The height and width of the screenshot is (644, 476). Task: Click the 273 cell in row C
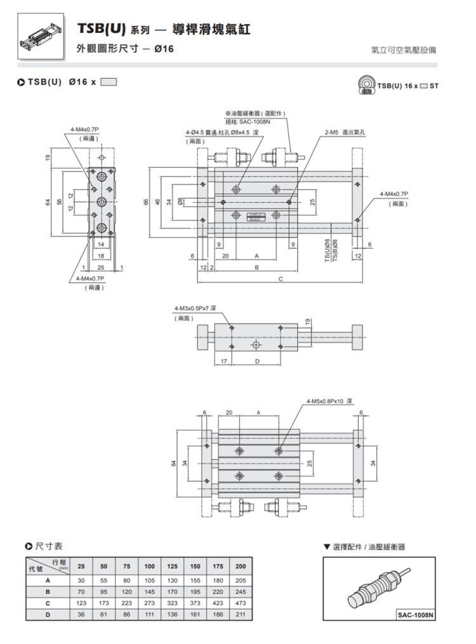pos(150,603)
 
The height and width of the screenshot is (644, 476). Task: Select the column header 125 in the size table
pos(172,566)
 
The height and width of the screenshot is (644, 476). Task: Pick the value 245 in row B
pos(240,591)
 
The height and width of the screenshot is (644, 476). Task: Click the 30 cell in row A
pos(81,580)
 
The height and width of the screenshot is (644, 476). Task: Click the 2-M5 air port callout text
pos(348,132)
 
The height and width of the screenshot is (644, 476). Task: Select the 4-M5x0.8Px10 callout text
pos(329,401)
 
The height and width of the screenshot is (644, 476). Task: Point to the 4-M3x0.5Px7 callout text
pos(195,308)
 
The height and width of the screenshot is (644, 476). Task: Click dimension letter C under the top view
pos(280,279)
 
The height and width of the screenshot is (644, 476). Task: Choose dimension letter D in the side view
pos(257,361)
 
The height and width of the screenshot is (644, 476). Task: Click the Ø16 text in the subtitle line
pos(164,48)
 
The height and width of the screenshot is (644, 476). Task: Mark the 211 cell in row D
pos(240,614)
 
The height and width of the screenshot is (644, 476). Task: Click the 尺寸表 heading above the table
pos(48,546)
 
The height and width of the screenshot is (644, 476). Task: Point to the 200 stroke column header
pos(240,566)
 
